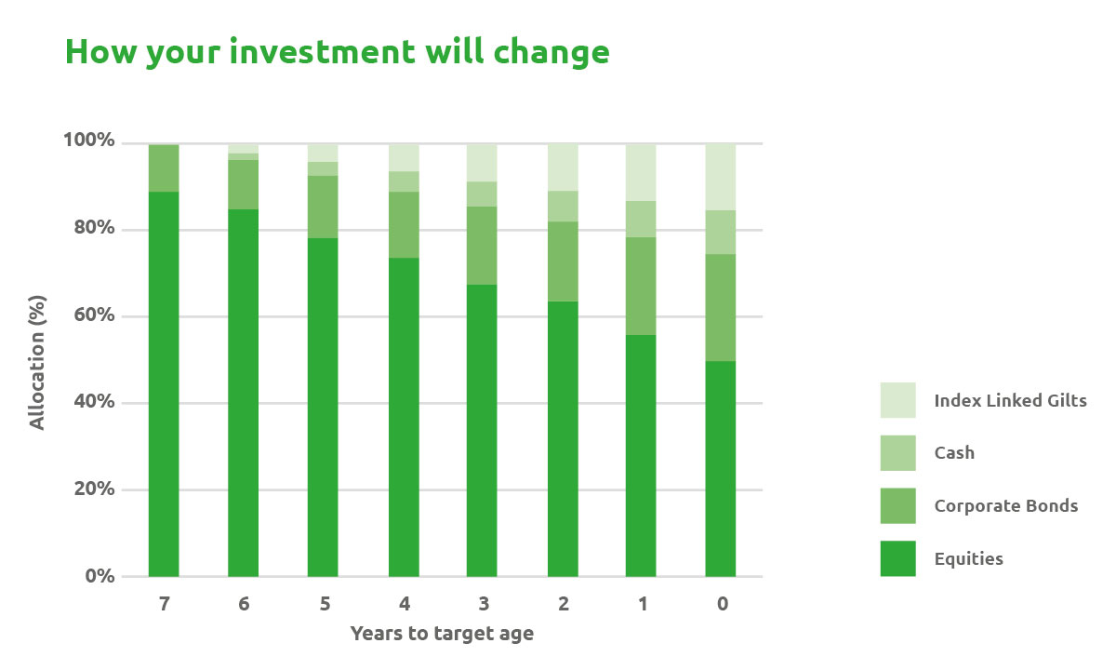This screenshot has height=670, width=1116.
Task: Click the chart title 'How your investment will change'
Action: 338,52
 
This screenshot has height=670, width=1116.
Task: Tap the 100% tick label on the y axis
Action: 89,141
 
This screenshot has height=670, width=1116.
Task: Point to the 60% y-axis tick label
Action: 94,315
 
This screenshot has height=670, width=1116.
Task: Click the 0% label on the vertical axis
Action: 100,576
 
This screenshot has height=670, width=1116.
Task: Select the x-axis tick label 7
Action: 164,604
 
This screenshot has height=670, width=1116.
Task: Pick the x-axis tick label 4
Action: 404,604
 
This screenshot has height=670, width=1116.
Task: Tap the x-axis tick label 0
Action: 723,604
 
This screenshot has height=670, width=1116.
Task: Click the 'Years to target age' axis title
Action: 442,634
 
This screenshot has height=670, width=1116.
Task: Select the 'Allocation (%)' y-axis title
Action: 37,362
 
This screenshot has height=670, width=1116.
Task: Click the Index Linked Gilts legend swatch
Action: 897,400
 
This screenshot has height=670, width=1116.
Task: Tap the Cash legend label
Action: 954,452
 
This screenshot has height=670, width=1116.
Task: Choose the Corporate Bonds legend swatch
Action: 897,505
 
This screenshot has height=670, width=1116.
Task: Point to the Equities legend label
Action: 968,559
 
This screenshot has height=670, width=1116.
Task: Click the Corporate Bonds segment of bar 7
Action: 164,168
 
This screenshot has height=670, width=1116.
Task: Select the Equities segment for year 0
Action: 721,469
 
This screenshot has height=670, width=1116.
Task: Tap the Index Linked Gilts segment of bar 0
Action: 721,177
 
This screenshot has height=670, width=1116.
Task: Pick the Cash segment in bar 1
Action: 641,220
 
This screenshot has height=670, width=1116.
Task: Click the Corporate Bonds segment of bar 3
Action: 482,246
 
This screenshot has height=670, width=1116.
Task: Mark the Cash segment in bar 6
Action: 243,156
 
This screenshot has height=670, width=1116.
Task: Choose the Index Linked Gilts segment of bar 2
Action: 563,167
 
